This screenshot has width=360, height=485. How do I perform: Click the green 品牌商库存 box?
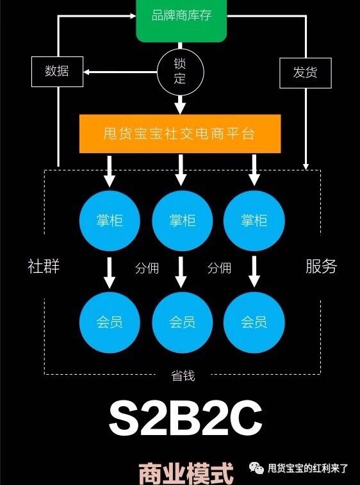tap(181, 21)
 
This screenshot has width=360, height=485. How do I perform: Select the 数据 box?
tap(57, 72)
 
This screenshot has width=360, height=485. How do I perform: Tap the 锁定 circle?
tap(181, 72)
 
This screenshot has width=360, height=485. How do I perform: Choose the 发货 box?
tap(306, 72)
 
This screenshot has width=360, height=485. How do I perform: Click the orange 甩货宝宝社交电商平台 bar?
tap(180, 134)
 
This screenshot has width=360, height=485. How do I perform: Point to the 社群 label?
tap(44, 266)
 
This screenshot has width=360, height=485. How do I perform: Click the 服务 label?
tap(321, 266)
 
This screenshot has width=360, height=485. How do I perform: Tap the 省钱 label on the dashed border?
tap(183, 375)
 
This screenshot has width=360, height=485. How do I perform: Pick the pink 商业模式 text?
tap(186, 474)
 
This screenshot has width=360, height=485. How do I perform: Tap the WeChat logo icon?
tap(256, 468)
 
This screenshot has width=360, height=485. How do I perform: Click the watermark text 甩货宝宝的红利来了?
tap(307, 468)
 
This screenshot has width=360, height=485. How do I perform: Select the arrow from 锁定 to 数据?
tap(120, 72)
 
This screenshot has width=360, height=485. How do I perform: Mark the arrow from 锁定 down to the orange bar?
tap(180, 104)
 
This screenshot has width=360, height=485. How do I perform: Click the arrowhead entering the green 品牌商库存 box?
tap(133, 15)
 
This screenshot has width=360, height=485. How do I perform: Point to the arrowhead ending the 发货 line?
tap(306, 166)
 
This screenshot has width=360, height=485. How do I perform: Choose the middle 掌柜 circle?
tap(182, 220)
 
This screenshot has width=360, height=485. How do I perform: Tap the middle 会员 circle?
tap(182, 322)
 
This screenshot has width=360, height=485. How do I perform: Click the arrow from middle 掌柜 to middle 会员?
tap(181, 272)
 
